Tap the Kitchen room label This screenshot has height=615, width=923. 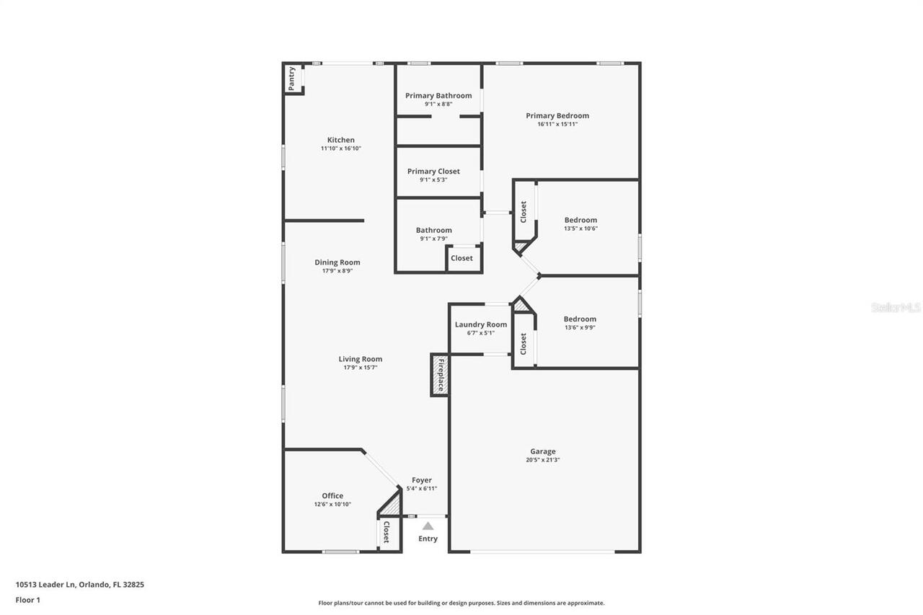point(341,140)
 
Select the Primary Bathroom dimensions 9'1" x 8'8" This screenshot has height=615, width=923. point(438,105)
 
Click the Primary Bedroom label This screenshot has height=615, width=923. point(557,115)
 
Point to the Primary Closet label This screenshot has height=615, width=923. point(433,172)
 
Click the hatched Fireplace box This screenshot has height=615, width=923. point(440,375)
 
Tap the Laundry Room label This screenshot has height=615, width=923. point(481,324)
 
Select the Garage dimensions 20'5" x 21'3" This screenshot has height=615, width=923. point(543,460)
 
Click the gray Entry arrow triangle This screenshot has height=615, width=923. point(428,526)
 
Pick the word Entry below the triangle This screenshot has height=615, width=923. point(428,539)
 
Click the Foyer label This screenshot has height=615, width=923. point(422,480)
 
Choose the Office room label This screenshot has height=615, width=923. point(332,495)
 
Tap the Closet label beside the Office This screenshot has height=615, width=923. point(387,532)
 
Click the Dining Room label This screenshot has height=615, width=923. point(337,262)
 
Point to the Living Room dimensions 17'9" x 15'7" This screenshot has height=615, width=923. point(361,368)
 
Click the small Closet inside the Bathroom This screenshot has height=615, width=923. point(462,258)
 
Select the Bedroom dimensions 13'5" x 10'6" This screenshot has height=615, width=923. point(580,229)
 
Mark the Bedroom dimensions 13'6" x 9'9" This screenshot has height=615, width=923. point(580,327)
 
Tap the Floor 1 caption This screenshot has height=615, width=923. point(28,599)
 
